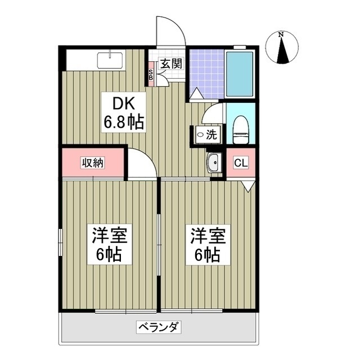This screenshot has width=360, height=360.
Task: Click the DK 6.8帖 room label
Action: point(123,112)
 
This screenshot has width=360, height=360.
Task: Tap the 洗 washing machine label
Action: point(206,136)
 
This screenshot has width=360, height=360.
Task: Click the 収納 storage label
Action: point(93,163)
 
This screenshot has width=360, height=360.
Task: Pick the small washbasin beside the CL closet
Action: point(213,164)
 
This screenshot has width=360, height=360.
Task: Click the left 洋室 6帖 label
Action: point(110,244)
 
